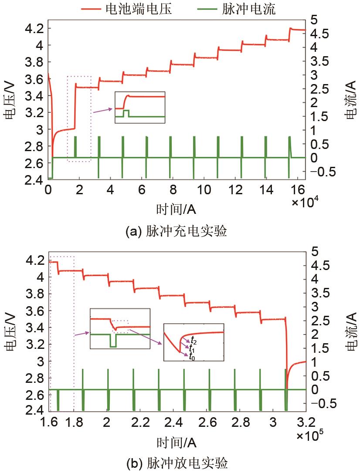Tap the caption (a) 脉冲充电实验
(x=176, y=231)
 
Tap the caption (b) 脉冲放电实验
(x=176, y=463)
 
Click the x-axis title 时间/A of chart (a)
(x=176, y=209)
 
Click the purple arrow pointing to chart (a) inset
(x=103, y=110)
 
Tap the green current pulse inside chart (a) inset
(x=126, y=113)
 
